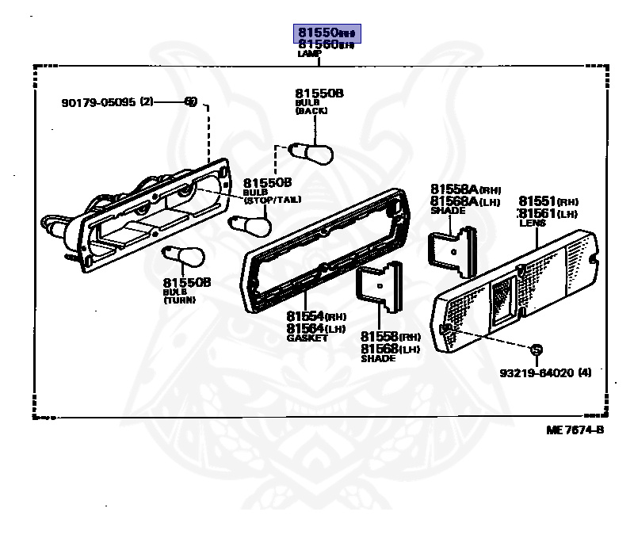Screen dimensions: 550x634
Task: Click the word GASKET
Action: [307, 338]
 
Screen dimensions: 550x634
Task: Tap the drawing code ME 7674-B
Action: [575, 430]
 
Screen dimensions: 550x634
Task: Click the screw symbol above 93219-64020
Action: [536, 349]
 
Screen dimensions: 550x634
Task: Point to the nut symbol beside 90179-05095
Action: [190, 101]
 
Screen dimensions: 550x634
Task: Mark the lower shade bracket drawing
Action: [379, 290]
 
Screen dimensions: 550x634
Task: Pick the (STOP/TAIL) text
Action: [273, 200]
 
